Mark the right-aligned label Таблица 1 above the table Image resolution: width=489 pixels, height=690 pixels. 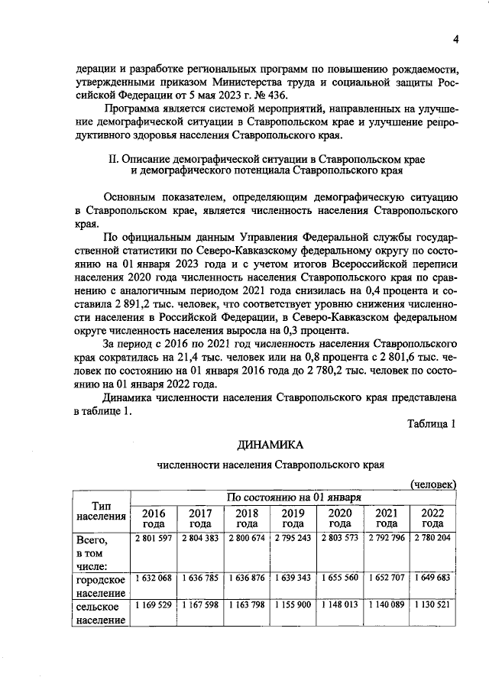point(432,424)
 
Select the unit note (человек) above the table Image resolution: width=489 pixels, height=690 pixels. point(433,484)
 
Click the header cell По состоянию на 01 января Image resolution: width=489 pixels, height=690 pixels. point(293,497)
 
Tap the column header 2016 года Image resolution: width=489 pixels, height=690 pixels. point(154,518)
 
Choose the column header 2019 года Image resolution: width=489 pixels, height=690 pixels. point(293,518)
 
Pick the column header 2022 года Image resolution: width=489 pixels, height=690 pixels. point(432,518)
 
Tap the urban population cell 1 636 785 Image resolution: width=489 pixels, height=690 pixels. point(200,577)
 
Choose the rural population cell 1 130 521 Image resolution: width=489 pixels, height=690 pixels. point(432,605)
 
